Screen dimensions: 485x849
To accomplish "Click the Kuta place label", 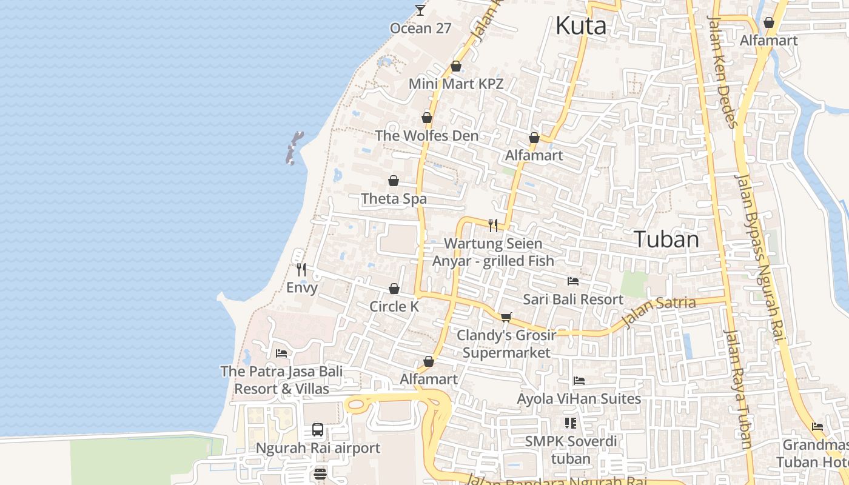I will point(580,26).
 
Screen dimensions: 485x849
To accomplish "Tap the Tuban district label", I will point(666,239).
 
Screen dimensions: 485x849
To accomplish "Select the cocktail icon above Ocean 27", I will point(420,10).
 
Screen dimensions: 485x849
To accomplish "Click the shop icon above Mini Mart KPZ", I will point(456,66).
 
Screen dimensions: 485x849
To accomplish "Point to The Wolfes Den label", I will point(426,135).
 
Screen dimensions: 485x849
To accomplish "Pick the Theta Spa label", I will point(394,198).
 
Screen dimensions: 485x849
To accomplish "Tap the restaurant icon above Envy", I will point(301,270).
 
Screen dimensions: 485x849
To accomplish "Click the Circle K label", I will point(394,306).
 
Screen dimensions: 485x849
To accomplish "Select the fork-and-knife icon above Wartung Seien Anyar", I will point(493,226).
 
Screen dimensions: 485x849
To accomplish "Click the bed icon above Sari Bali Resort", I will point(573,281).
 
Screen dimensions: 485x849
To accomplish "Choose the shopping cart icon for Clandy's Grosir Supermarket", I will point(506,317).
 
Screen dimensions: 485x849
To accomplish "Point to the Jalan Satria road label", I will point(658,310).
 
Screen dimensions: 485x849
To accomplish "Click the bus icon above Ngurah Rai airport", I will point(318,430).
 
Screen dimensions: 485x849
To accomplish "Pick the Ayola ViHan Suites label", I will point(579,398).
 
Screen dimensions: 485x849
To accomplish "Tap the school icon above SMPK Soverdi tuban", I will point(570,423).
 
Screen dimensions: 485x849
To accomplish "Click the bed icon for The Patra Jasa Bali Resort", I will point(281,353).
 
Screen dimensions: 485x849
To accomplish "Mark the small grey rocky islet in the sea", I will point(294,148).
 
